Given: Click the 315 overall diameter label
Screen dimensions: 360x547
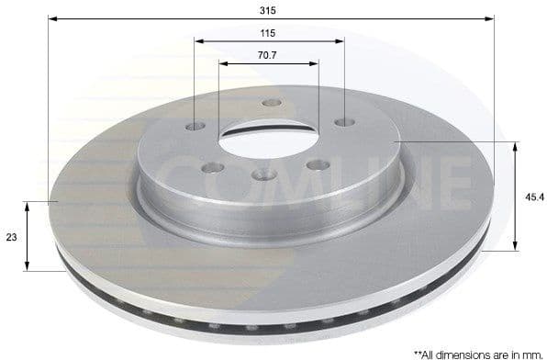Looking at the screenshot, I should pyautogui.click(x=268, y=10).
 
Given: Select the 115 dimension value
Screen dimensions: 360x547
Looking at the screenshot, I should pyautogui.click(x=268, y=33).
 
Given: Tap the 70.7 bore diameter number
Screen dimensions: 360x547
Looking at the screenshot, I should pyautogui.click(x=268, y=56).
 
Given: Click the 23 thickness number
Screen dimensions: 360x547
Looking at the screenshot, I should pyautogui.click(x=11, y=236).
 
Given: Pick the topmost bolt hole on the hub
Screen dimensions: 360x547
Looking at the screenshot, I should pyautogui.click(x=271, y=103).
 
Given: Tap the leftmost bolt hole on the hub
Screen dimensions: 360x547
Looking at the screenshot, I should pyautogui.click(x=195, y=126).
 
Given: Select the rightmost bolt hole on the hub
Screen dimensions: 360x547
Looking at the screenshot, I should pyautogui.click(x=344, y=122).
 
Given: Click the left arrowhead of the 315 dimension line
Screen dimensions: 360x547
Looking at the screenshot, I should pyautogui.click(x=52, y=18).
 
